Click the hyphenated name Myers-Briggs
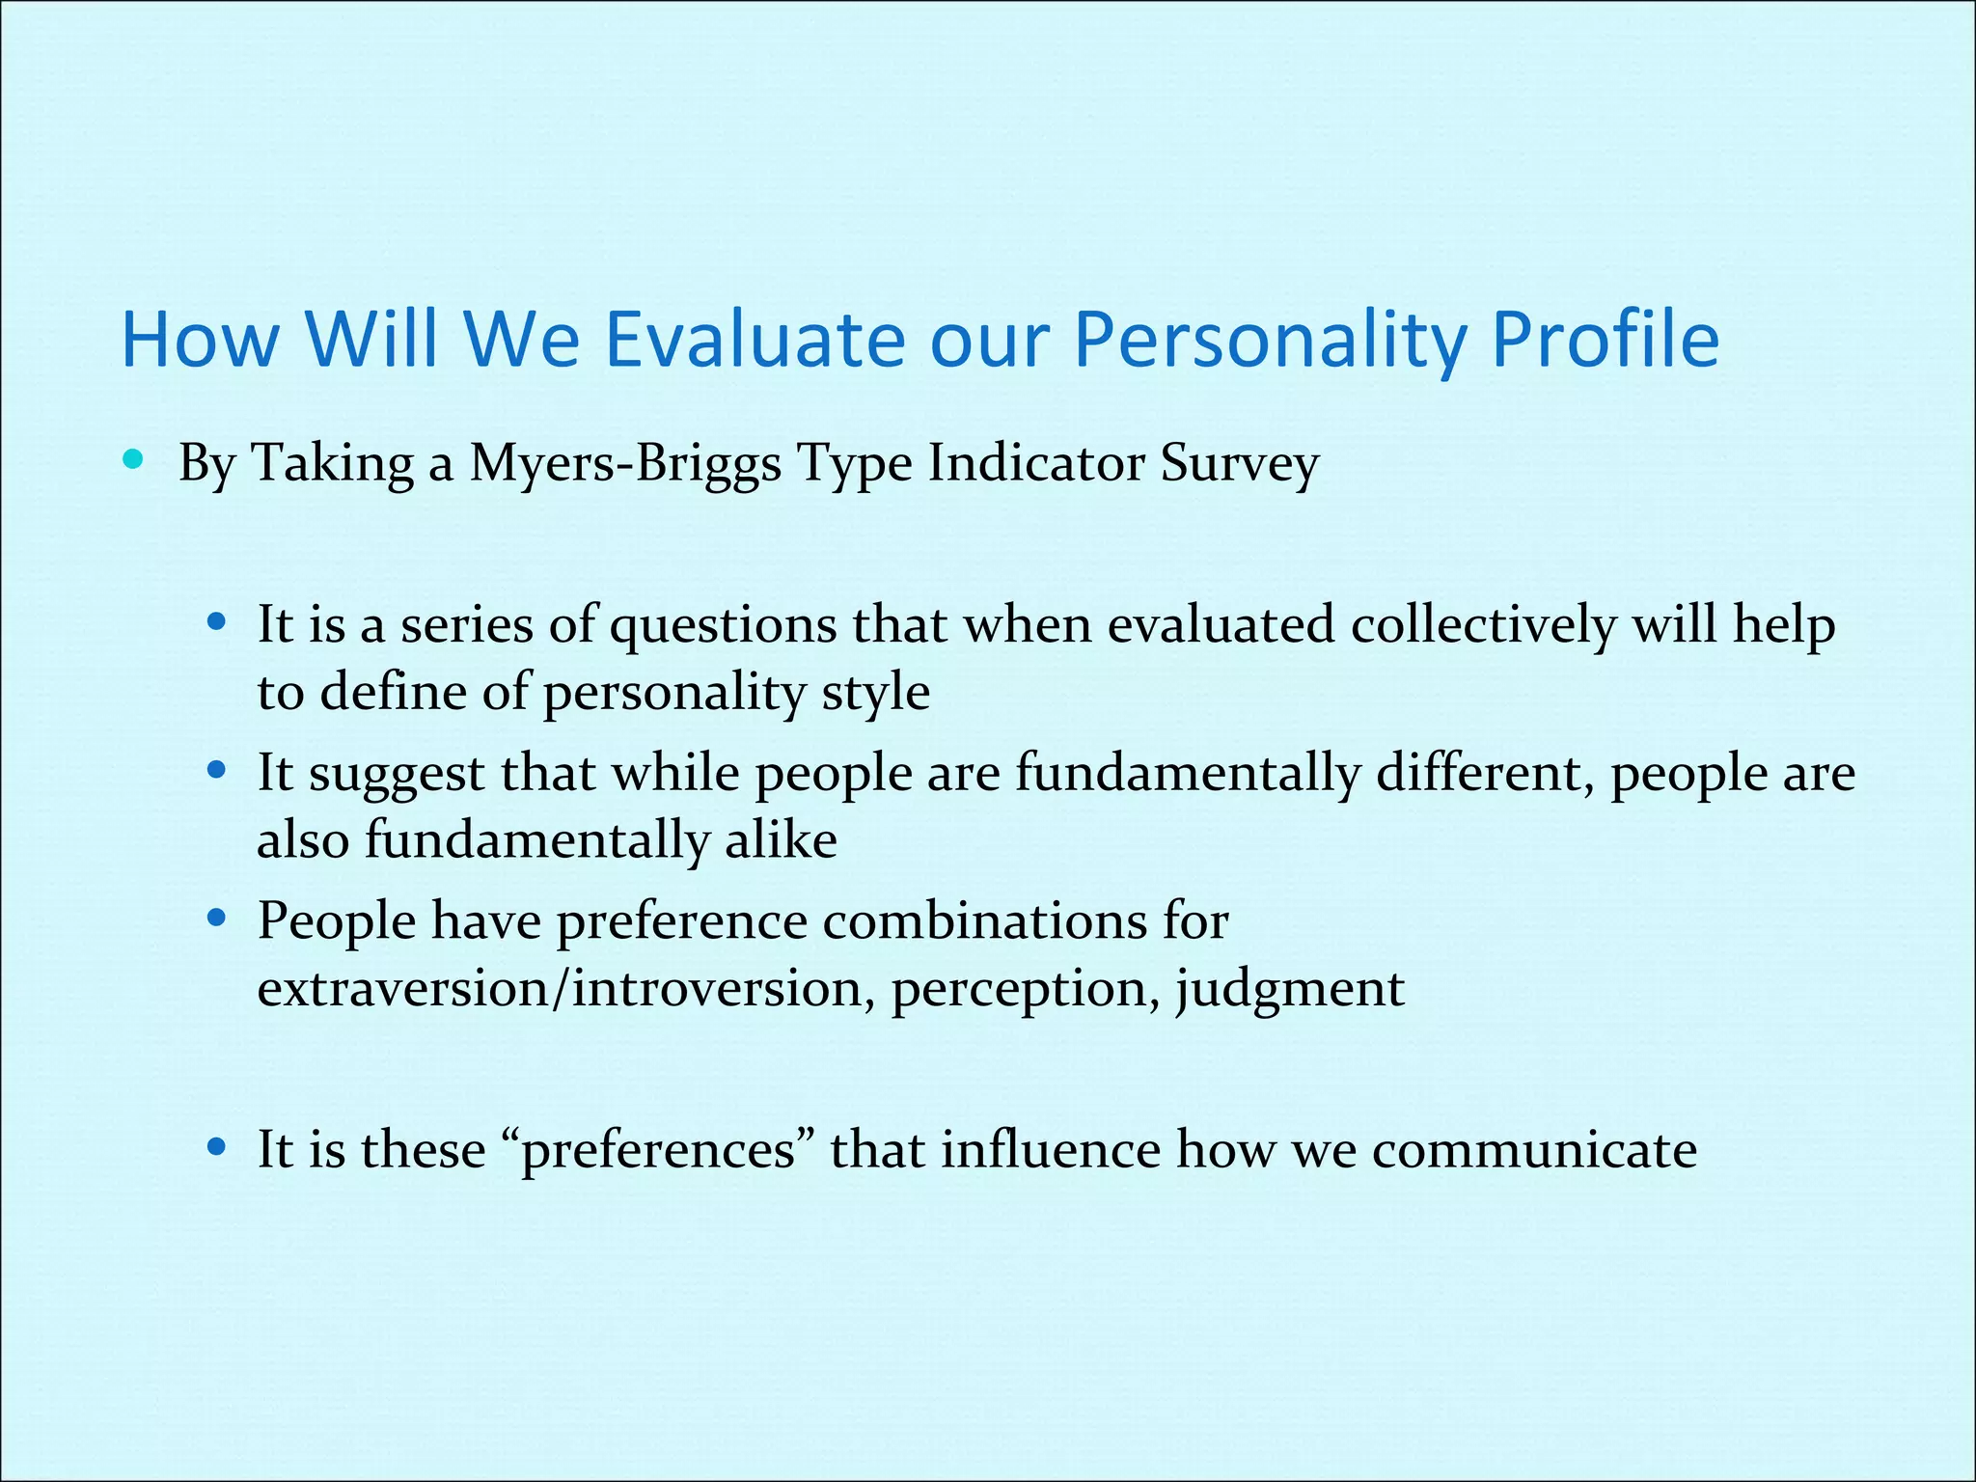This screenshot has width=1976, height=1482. click(x=625, y=464)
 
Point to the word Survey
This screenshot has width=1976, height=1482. click(x=1239, y=464)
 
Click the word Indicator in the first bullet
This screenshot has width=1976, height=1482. click(x=1036, y=462)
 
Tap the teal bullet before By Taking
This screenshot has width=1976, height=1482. click(x=133, y=459)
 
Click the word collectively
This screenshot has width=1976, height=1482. click(x=1483, y=624)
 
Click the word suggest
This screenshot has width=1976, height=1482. click(x=397, y=775)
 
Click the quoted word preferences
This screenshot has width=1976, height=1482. click(x=658, y=1150)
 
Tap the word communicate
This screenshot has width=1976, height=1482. click(x=1534, y=1150)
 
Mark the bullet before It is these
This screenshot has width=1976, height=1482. click(x=217, y=1147)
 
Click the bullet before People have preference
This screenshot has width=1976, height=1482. click(x=217, y=918)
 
